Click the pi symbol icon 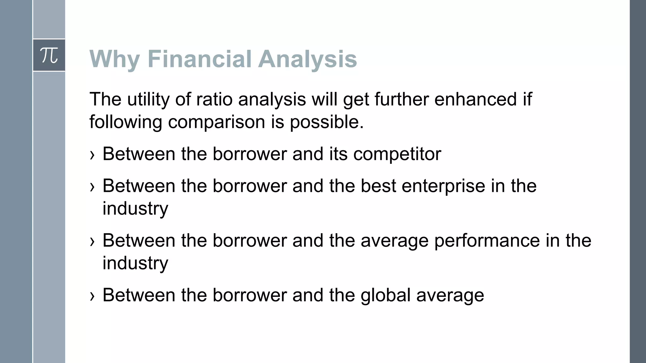(x=49, y=55)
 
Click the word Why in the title (x=115, y=59)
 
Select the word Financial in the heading (x=199, y=59)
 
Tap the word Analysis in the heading (x=308, y=59)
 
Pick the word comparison (x=216, y=122)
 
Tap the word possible (x=326, y=122)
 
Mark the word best (x=378, y=186)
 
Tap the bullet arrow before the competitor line (x=92, y=155)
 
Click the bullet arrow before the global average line (x=92, y=296)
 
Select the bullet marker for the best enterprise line (x=92, y=187)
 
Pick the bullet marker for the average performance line (x=92, y=242)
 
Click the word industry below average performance (x=135, y=263)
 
